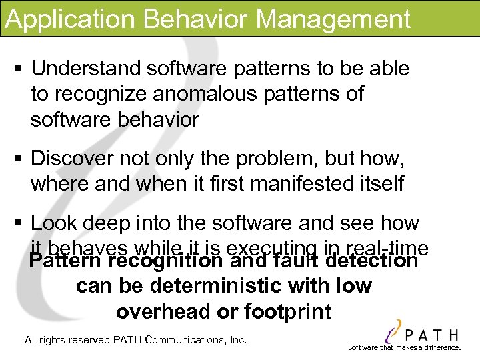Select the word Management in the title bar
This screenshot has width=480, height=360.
pos(333,20)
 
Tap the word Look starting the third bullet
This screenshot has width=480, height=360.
pos(53,222)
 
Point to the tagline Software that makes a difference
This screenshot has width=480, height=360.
pos(405,347)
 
